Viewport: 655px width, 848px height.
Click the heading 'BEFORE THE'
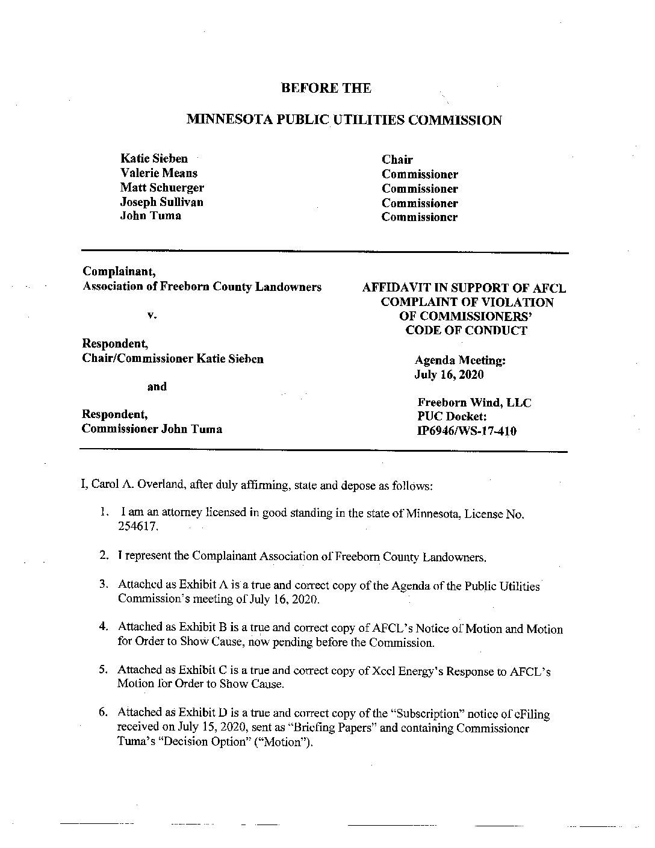pos(326,88)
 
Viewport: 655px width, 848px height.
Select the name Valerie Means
pos(159,173)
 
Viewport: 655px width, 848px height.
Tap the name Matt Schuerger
pos(162,187)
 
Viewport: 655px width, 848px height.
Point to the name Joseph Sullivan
pos(161,202)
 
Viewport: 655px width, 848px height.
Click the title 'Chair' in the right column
pos(397,160)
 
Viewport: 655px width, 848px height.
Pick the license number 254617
pos(139,526)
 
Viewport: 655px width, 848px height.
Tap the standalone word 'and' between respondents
pos(157,387)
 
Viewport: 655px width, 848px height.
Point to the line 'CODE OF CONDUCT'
pos(466,330)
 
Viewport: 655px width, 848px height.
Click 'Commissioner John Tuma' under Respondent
pos(152,429)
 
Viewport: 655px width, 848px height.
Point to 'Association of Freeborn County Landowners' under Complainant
pos(202,287)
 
